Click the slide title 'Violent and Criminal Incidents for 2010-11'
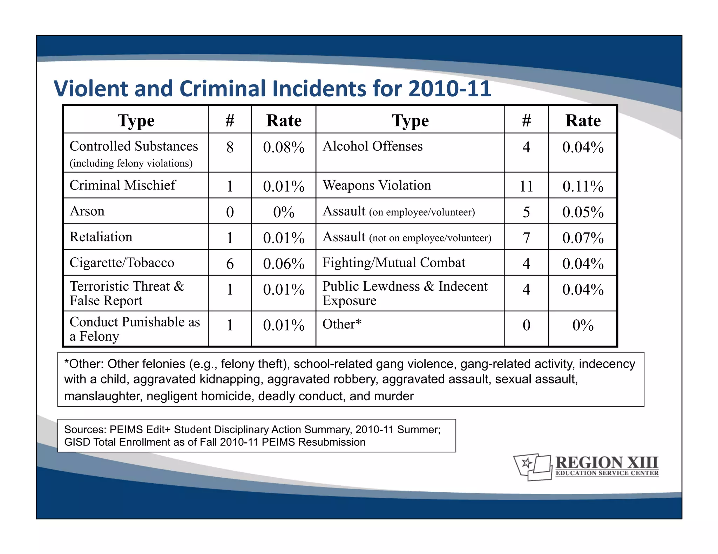(272, 88)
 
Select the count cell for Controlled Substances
(230, 147)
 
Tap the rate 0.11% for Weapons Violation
(583, 186)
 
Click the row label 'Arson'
(87, 211)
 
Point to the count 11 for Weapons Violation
(526, 186)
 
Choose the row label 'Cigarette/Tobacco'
(122, 263)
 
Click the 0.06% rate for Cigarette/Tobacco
(284, 264)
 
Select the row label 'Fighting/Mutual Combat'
(394, 263)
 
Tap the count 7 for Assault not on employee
(526, 238)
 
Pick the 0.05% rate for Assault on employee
(583, 212)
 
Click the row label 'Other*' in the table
(341, 324)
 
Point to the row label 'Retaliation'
(101, 237)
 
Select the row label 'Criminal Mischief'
(122, 185)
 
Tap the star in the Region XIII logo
(526, 463)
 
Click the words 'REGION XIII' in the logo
(607, 463)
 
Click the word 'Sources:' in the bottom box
(85, 430)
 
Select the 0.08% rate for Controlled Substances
(284, 147)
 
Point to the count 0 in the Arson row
(230, 212)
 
